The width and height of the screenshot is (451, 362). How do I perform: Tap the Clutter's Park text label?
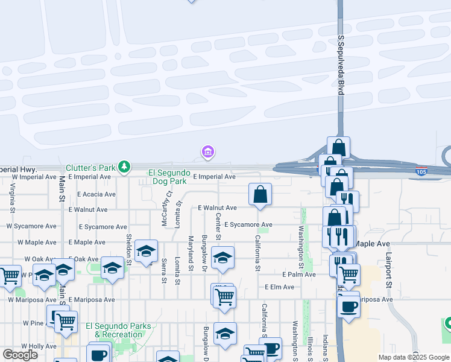90,167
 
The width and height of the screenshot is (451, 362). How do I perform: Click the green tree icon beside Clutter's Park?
124,166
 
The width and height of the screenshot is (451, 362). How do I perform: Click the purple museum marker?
208,152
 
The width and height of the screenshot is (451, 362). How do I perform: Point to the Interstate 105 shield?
422,171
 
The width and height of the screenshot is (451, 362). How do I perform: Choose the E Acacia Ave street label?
96,194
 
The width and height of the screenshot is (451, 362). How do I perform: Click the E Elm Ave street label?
280,287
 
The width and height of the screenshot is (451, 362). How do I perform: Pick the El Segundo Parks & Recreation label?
118,330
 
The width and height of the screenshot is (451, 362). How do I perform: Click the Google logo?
20,355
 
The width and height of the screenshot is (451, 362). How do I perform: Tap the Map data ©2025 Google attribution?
413,357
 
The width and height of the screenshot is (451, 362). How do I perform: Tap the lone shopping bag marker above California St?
260,194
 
